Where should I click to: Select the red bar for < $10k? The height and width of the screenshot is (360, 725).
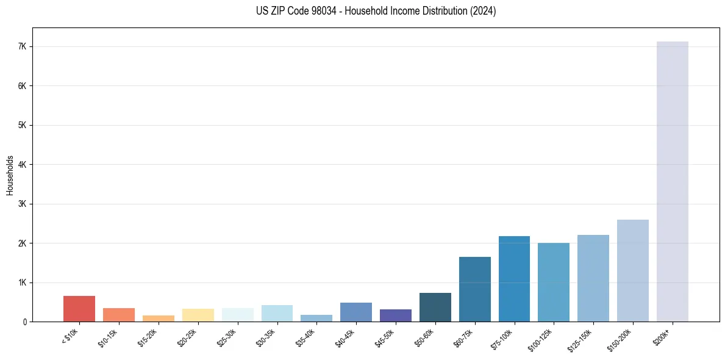tap(79, 309)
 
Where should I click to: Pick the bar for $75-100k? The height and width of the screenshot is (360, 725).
tap(514, 279)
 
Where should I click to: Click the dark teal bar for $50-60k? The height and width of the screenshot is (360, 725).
tap(435, 308)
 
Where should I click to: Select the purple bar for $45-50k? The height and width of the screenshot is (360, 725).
tap(395, 315)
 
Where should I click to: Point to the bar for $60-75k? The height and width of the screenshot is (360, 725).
tap(474, 289)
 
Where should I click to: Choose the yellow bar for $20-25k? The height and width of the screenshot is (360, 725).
tap(198, 315)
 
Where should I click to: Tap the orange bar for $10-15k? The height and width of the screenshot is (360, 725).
tap(119, 315)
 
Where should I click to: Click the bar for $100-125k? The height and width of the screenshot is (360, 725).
tap(554, 282)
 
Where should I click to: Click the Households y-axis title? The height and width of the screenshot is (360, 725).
tap(10, 175)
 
